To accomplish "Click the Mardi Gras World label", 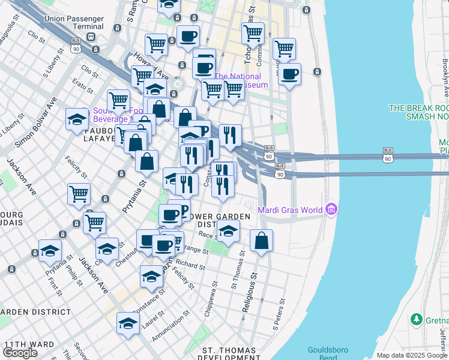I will tap(289, 210).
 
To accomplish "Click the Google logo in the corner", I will tap(20, 352).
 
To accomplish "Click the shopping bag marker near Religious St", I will tap(261, 241).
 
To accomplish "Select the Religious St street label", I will tap(249, 293).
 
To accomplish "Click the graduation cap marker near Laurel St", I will tap(128, 323).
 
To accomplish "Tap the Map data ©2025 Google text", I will tap(412, 355).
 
